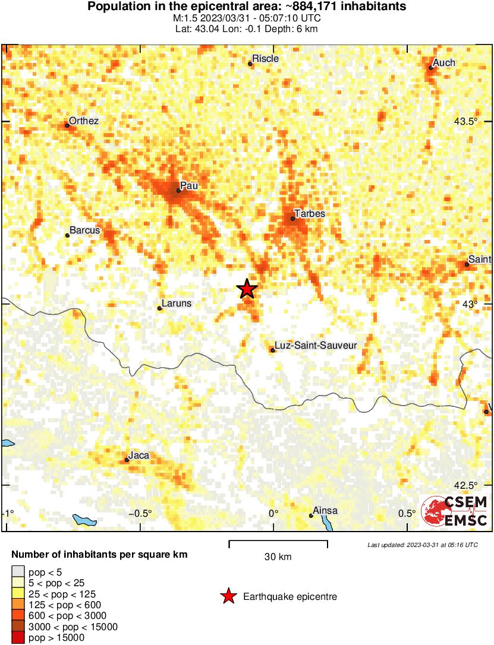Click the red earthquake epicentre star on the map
(x=247, y=289)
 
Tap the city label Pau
(x=188, y=186)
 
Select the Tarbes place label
(x=310, y=214)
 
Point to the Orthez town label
(x=83, y=121)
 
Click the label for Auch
(x=444, y=63)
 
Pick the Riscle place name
(x=265, y=59)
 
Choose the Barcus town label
(x=85, y=230)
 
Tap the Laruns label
(x=177, y=303)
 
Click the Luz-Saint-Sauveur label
(x=316, y=345)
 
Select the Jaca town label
(x=139, y=456)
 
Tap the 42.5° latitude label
(x=465, y=485)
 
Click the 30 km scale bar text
(x=278, y=557)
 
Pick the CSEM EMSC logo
(x=455, y=511)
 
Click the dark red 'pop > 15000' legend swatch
(x=18, y=638)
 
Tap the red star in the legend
(x=228, y=596)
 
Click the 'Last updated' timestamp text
(x=422, y=545)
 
